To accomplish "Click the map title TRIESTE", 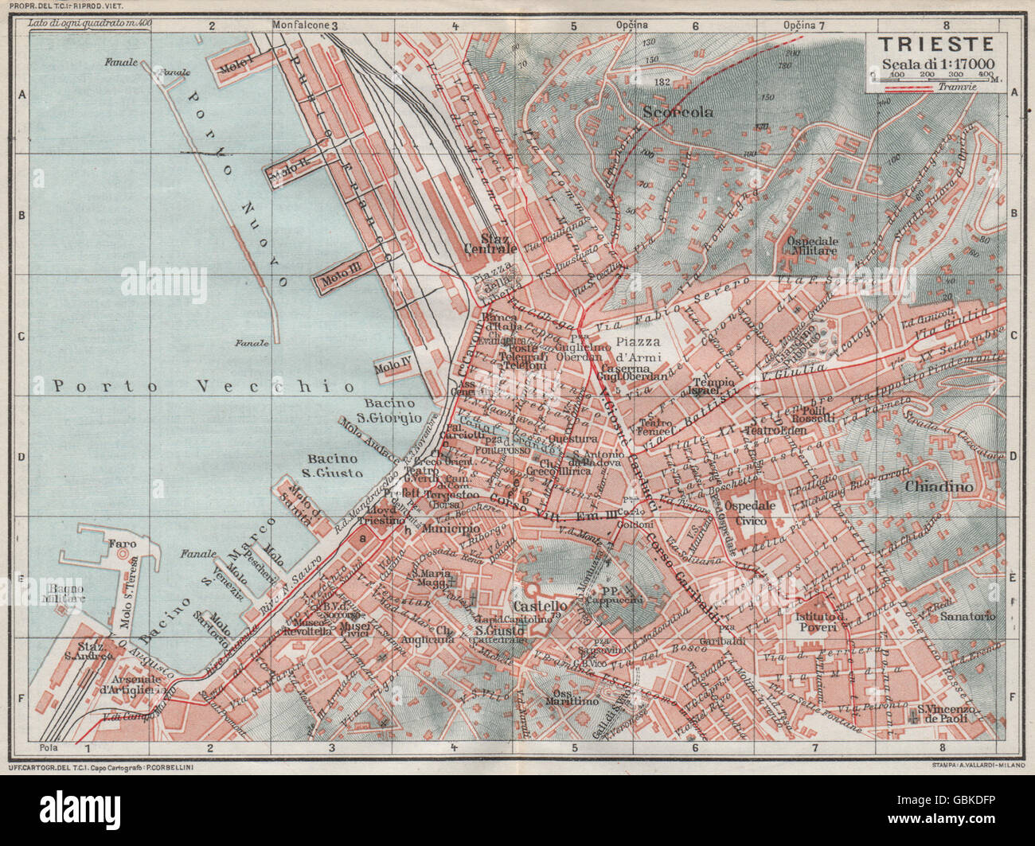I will (935, 45).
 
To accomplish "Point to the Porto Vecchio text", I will (203, 386).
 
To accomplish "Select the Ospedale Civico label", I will (749, 513).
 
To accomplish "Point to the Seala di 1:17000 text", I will (935, 65).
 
